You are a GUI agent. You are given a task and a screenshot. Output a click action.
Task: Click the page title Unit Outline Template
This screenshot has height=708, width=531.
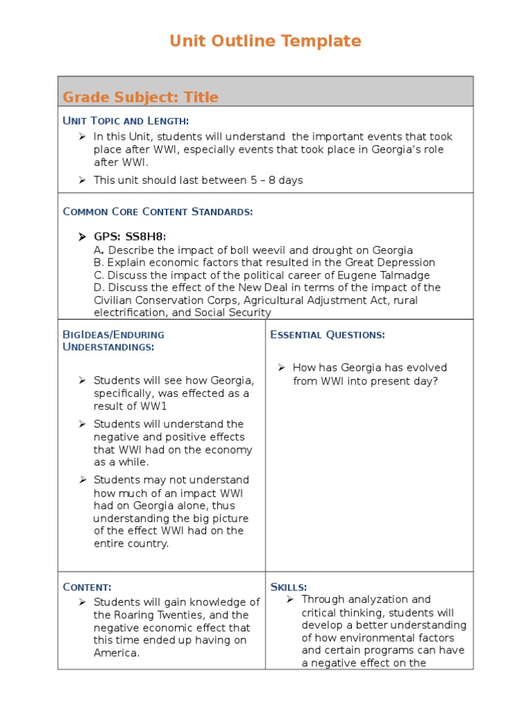click(x=265, y=41)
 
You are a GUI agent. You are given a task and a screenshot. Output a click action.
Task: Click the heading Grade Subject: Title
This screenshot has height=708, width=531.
click(x=140, y=97)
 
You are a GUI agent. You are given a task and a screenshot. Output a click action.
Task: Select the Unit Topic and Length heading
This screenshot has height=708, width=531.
click(x=126, y=121)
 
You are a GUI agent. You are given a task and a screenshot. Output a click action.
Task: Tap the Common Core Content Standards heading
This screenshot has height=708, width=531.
click(x=158, y=212)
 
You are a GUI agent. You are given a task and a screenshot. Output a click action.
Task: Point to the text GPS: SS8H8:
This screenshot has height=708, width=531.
click(x=130, y=237)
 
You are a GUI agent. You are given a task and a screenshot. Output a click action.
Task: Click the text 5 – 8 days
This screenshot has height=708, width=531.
click(x=277, y=180)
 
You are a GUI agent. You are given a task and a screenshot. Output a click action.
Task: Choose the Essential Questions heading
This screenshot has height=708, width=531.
click(x=328, y=335)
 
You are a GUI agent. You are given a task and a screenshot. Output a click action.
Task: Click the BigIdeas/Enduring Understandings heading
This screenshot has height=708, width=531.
click(x=113, y=341)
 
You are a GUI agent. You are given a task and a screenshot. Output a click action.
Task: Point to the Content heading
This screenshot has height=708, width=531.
click(x=87, y=587)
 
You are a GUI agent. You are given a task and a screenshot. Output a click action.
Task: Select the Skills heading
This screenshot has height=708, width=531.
click(x=289, y=587)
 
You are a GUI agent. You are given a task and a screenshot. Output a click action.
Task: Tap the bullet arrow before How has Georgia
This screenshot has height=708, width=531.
click(x=282, y=368)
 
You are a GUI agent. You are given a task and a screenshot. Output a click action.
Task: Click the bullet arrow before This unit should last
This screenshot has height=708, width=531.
click(x=82, y=180)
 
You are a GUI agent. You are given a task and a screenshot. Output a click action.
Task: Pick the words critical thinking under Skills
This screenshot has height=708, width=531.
click(x=340, y=613)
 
